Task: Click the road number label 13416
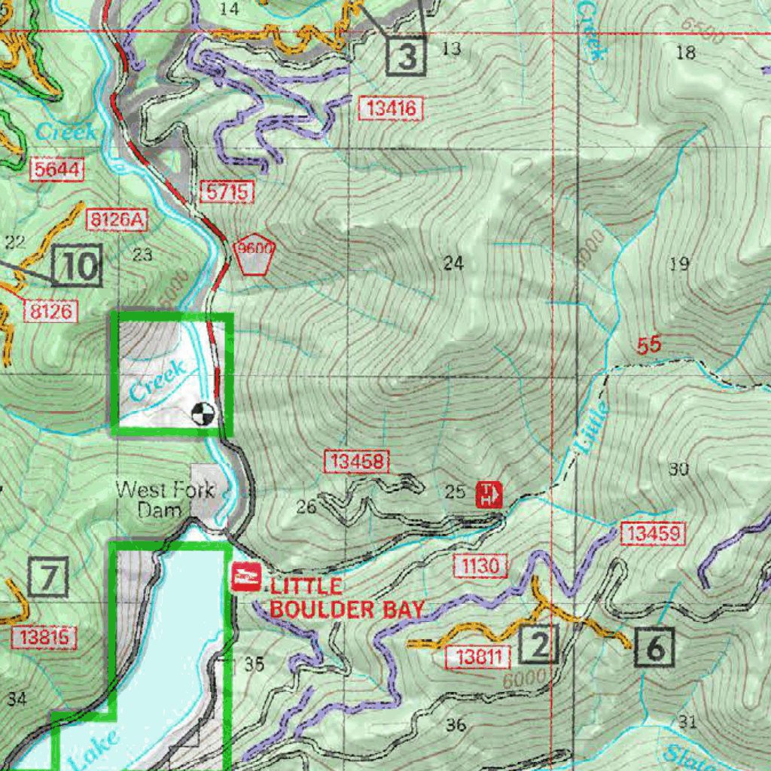point(390,109)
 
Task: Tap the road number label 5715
point(226,192)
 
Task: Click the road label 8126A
point(117,221)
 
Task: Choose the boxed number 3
point(407,56)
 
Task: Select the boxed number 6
point(655,647)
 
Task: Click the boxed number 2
point(539,643)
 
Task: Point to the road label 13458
point(357,462)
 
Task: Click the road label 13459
point(654,535)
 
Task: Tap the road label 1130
point(480,565)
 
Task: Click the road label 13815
point(44,638)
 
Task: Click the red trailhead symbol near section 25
point(489,495)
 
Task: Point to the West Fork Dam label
point(154,499)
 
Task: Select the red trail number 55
point(648,346)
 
